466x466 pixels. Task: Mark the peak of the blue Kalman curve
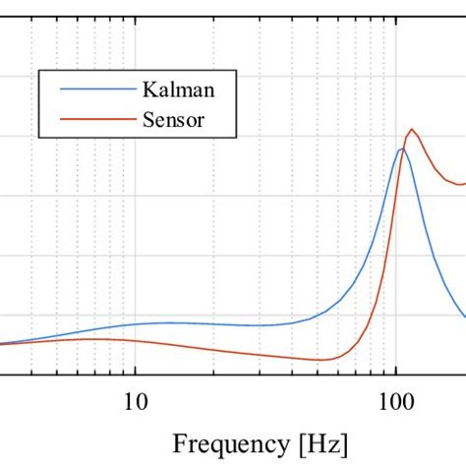pos(401,148)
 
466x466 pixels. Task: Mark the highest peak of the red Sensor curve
pos(412,130)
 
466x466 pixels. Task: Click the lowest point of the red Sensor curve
pos(320,360)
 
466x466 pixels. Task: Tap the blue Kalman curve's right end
pos(464,315)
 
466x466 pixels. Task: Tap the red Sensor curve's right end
pos(464,183)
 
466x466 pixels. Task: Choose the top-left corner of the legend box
pos(39,70)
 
